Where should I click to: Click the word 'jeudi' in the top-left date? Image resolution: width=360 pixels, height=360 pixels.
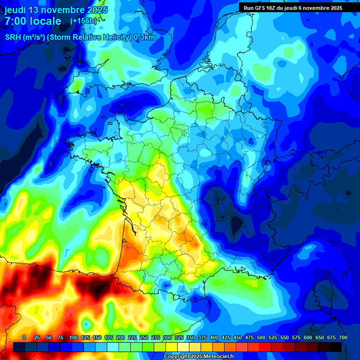pyautogui.click(x=15, y=10)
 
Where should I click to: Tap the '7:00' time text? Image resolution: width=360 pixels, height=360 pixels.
pyautogui.click(x=15, y=21)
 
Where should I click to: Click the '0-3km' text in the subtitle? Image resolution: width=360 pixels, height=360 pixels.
pyautogui.click(x=144, y=37)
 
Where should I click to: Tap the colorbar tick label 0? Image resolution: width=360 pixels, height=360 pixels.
pyautogui.click(x=24, y=337)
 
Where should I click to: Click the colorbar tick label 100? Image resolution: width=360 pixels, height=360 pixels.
pyautogui.click(x=74, y=337)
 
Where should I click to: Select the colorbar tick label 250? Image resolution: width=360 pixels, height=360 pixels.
pyautogui.click(x=144, y=337)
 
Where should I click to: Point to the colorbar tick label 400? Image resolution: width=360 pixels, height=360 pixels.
pyautogui.click(x=214, y=337)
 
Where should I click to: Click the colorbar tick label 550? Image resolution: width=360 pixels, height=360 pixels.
pyautogui.click(x=285, y=337)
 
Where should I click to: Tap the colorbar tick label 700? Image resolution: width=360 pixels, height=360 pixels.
pyautogui.click(x=343, y=337)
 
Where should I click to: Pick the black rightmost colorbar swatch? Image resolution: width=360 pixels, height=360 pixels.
pyautogui.click(x=336, y=347)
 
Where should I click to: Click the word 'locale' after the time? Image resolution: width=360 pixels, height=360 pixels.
pyautogui.click(x=45, y=21)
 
